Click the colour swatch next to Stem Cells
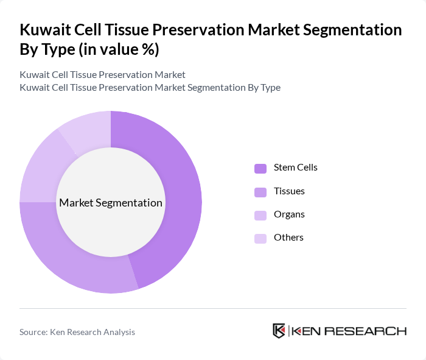point(260,168)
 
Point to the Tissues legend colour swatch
point(260,192)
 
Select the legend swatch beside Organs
point(260,215)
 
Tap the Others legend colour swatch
point(260,238)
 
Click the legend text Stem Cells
point(295,168)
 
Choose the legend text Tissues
point(289,191)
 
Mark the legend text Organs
point(289,214)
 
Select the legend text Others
point(288,238)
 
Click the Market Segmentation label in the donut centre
point(111,203)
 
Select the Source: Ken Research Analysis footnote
point(77,332)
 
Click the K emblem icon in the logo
point(279,331)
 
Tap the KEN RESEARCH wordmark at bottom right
point(349,331)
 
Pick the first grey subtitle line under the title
point(102,74)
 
